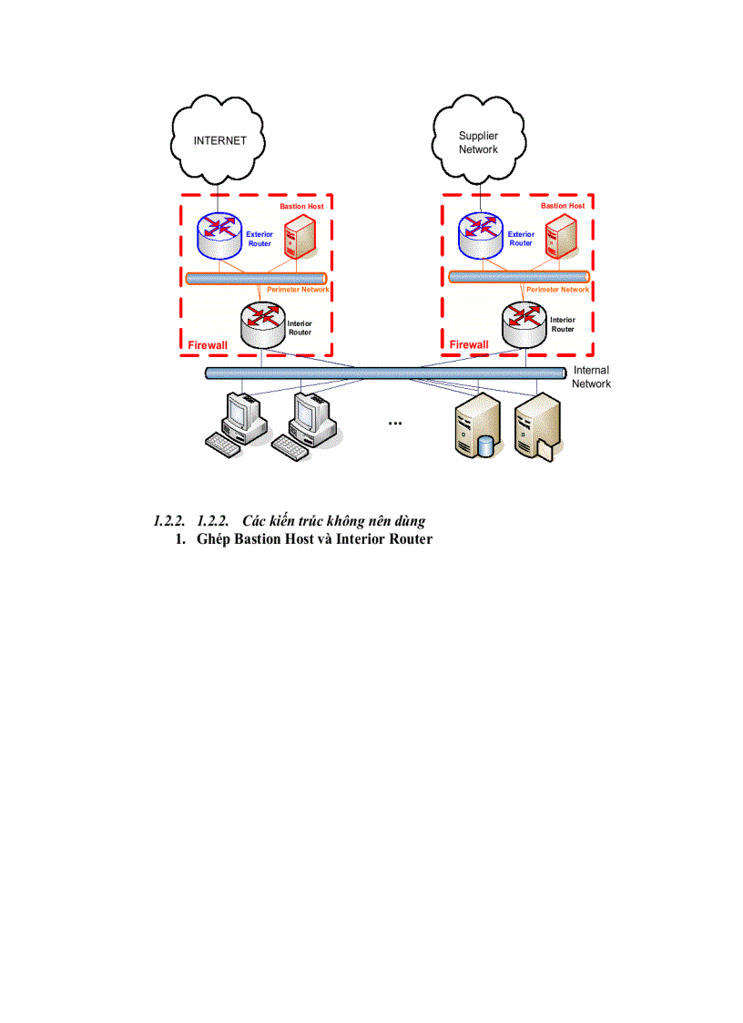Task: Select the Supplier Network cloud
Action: coord(479,143)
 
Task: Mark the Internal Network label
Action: coord(591,377)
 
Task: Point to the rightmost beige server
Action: coord(537,426)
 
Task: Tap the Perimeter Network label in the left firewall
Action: coord(298,290)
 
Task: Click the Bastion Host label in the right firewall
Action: coord(563,207)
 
